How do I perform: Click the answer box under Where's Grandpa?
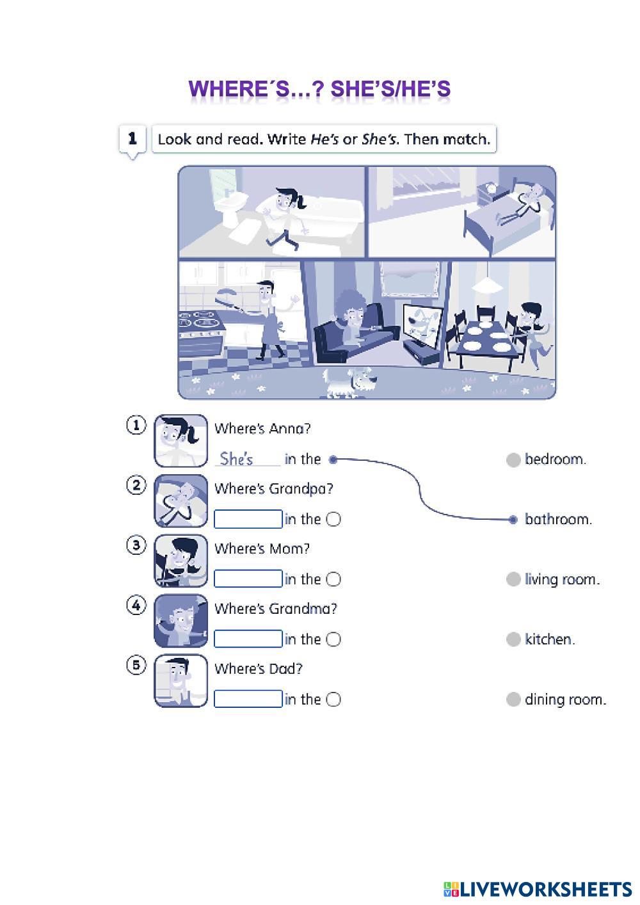248,519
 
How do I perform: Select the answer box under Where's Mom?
248,579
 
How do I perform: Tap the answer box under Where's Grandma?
248,639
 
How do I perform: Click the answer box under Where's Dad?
248,699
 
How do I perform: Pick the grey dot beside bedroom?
513,460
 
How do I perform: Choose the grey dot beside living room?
513,580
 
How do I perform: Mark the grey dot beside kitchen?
513,639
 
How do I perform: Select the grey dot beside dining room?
513,700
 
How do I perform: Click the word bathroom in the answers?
557,519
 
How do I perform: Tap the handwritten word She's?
236,459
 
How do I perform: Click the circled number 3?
136,545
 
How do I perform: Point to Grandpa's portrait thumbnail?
181,501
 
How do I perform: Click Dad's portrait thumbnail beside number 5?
181,680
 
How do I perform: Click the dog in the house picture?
349,382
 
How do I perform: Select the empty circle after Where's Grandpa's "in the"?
333,520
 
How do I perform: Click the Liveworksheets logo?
538,889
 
